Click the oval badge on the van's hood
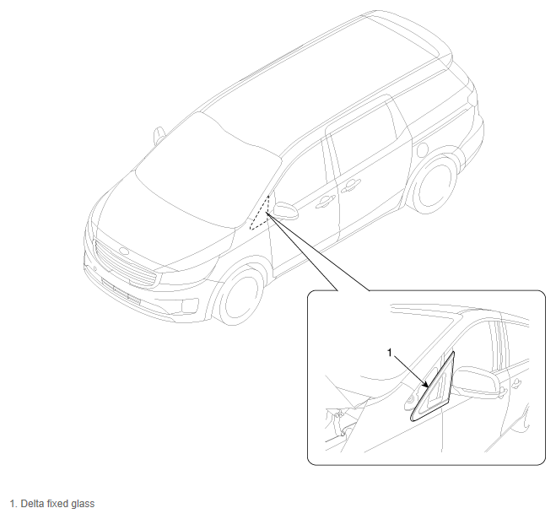(125, 251)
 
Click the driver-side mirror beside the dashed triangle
(286, 211)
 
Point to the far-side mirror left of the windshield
(159, 136)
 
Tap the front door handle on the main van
(325, 202)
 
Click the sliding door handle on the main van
(351, 186)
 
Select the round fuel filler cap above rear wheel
(422, 149)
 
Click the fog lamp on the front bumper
(189, 306)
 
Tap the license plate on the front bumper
(121, 292)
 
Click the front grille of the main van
(125, 263)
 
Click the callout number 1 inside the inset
(389, 353)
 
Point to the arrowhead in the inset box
(426, 385)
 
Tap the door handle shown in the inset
(517, 382)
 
